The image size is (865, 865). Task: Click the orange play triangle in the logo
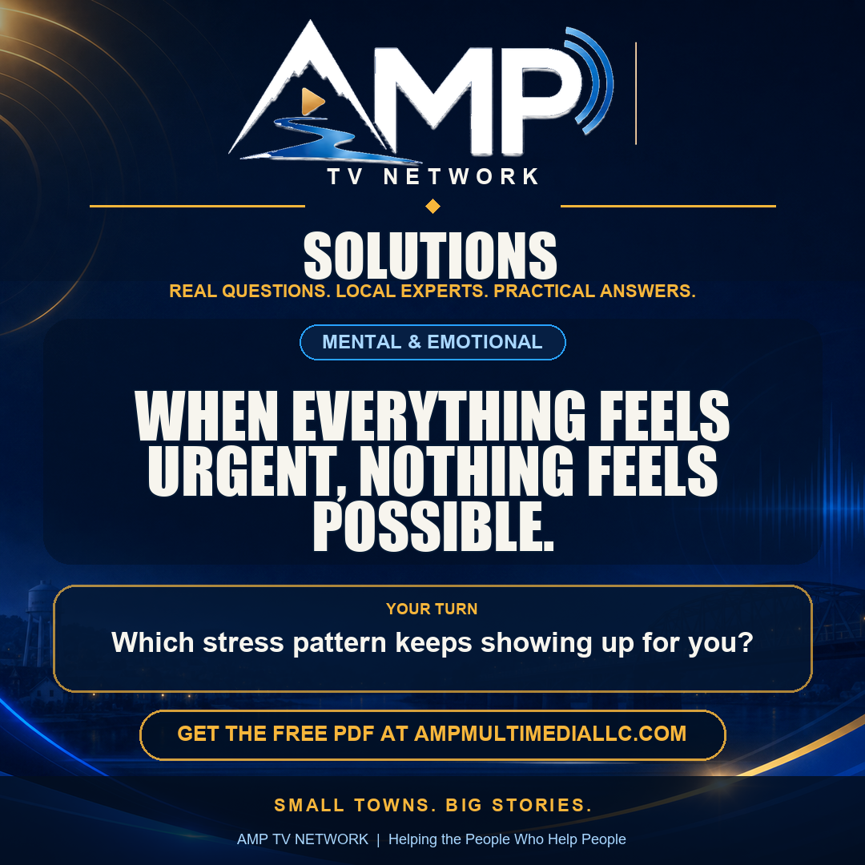312,102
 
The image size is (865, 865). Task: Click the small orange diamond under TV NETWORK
433,207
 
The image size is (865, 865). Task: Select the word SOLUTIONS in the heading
430,255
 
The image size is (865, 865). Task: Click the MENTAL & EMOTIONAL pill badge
432,342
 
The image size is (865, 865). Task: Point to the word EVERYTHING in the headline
439,416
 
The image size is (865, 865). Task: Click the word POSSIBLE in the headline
433,526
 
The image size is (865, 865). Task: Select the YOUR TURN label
432,609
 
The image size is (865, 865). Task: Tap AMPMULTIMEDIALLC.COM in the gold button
550,734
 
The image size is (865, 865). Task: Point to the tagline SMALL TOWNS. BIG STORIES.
433,806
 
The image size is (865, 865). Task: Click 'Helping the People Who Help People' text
507,839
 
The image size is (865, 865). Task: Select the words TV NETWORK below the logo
433,177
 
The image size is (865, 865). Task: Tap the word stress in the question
243,642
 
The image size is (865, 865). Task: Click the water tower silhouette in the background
39,623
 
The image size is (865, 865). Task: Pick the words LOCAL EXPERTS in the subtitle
412,291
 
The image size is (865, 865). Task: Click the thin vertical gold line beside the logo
636,93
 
